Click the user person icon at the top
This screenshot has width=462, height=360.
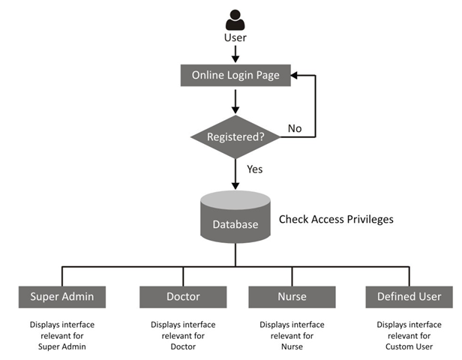point(235,19)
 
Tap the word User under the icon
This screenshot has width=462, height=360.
point(235,37)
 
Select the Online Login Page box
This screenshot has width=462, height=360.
point(235,75)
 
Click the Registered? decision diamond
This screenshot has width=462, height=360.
point(235,138)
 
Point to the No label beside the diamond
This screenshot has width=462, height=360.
point(295,128)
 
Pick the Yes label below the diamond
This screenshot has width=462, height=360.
point(255,169)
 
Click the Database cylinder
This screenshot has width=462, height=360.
point(235,217)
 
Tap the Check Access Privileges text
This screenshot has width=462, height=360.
point(336,220)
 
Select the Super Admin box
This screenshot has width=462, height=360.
point(62,296)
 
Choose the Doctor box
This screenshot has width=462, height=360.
point(183,296)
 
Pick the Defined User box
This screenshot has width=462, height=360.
point(409,296)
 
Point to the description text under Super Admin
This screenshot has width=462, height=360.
point(62,335)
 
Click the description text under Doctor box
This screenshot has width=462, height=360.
point(183,335)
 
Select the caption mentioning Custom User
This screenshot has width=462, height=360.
point(409,335)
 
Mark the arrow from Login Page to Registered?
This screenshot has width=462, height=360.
point(235,100)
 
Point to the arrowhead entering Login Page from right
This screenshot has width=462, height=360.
point(294,75)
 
